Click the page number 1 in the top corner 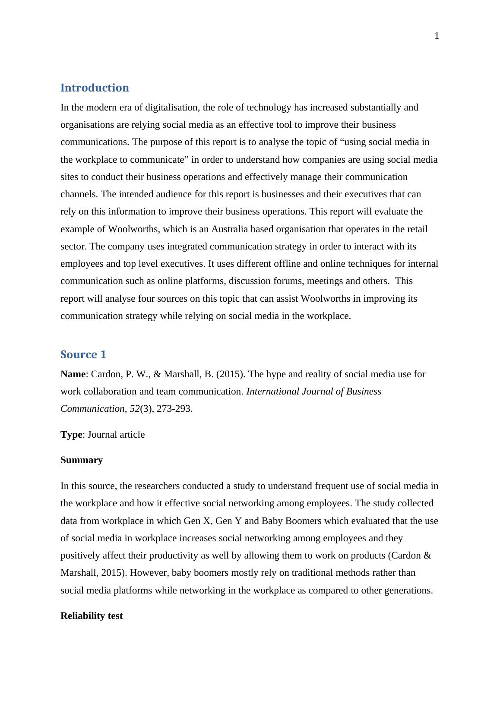coord(437,36)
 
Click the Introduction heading coord(95,88)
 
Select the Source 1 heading coord(83,355)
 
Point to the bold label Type coord(71,435)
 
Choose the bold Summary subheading coord(82,460)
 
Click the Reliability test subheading coord(92,616)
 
